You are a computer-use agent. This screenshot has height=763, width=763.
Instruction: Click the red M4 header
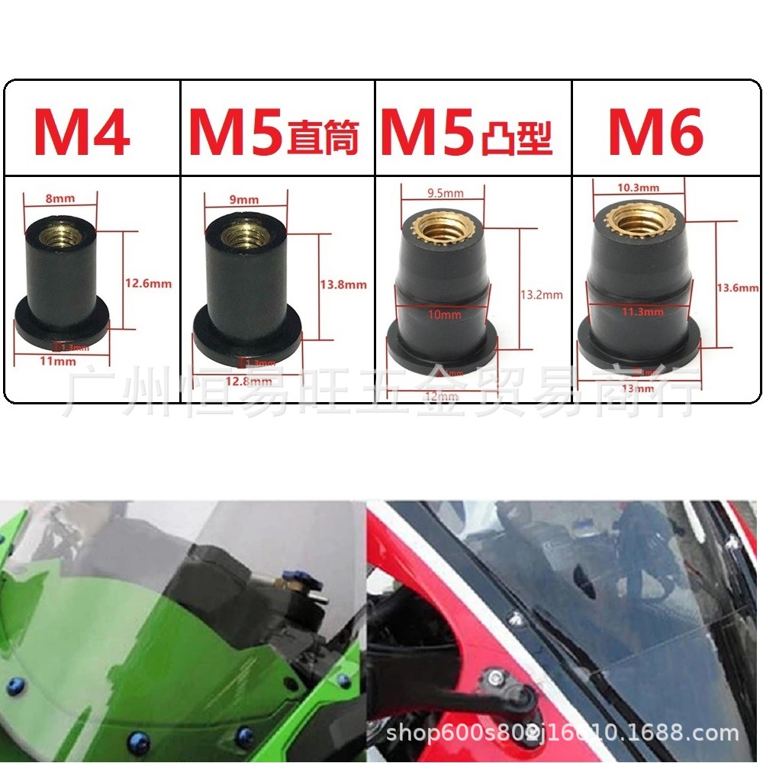click(82, 133)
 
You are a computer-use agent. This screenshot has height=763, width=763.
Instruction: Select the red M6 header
click(655, 133)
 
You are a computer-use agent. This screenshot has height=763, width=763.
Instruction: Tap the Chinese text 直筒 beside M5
click(323, 140)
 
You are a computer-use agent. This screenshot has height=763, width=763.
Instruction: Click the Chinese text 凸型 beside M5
click(518, 140)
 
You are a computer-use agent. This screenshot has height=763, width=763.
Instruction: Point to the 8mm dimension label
click(60, 199)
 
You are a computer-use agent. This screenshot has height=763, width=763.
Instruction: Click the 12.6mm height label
click(148, 284)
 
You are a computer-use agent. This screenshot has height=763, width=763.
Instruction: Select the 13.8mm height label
click(343, 285)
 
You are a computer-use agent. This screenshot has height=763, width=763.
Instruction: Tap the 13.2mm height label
click(541, 295)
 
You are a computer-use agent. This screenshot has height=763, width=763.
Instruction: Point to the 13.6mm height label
click(738, 288)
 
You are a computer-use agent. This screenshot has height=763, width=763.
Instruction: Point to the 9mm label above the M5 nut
click(244, 200)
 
